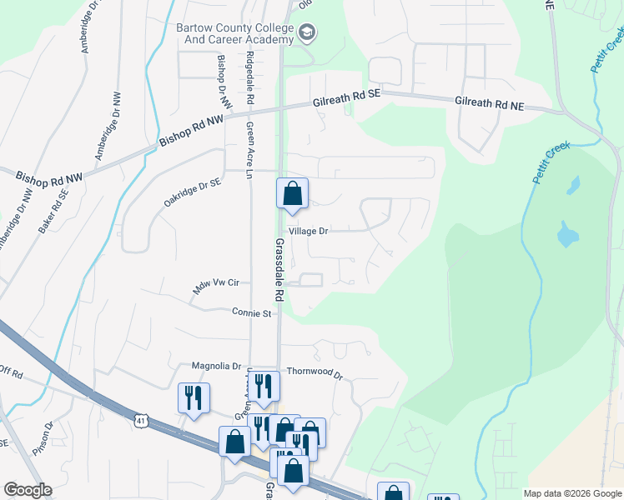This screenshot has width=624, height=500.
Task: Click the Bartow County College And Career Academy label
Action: click(234, 32)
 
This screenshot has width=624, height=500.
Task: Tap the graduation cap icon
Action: click(307, 32)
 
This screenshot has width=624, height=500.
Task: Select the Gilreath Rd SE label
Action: click(346, 96)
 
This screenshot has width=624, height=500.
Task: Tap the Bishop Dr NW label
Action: click(224, 82)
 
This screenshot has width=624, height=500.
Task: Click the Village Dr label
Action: click(309, 231)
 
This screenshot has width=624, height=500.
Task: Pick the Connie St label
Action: click(253, 313)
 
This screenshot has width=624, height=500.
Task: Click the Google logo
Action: click(27, 490)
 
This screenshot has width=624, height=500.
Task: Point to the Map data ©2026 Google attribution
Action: click(571, 493)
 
